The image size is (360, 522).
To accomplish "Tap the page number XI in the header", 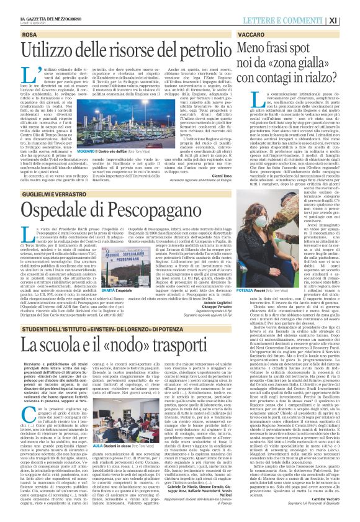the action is pos(350,20).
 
